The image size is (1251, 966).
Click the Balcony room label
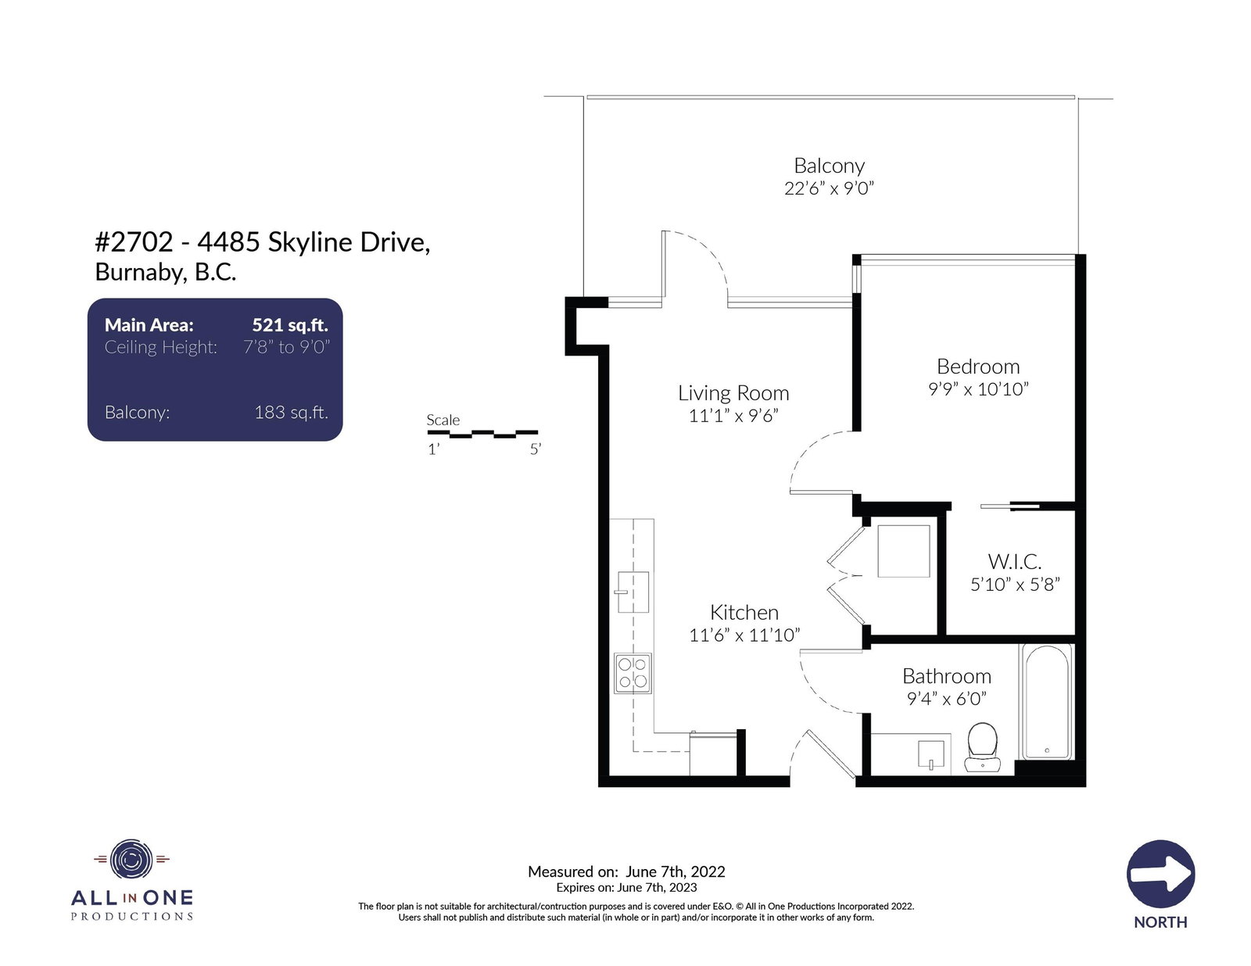[829, 166]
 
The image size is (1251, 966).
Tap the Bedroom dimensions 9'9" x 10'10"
[977, 389]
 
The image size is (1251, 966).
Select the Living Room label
[733, 393]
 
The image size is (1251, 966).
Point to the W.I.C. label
[1014, 561]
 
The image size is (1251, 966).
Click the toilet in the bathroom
[982, 747]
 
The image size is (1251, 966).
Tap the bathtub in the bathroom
[1046, 701]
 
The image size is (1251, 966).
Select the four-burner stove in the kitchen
[633, 673]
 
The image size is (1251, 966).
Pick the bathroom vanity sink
[931, 755]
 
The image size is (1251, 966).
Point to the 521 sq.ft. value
[290, 325]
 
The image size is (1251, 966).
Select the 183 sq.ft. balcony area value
[292, 412]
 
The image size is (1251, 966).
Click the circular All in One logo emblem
[131, 860]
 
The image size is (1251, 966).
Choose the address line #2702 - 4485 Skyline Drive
[263, 242]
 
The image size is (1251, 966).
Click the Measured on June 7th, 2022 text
[626, 871]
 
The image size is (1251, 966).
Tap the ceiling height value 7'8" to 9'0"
[286, 347]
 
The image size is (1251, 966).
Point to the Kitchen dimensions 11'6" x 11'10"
[744, 635]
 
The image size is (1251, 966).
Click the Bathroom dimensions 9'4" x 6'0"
[946, 699]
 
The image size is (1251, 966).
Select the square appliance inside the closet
[903, 551]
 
